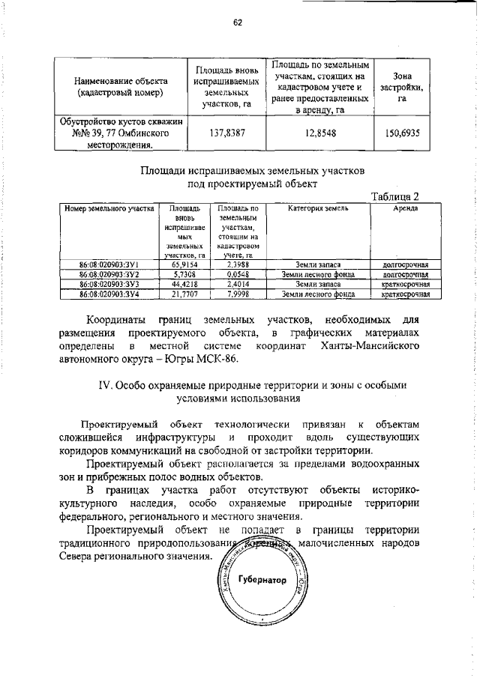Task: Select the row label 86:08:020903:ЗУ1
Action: pos(109,265)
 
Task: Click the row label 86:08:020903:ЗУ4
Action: pos(109,294)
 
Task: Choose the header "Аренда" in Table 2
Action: pos(405,208)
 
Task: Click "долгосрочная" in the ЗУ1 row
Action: pos(405,265)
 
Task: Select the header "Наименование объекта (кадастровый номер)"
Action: pos(121,87)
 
